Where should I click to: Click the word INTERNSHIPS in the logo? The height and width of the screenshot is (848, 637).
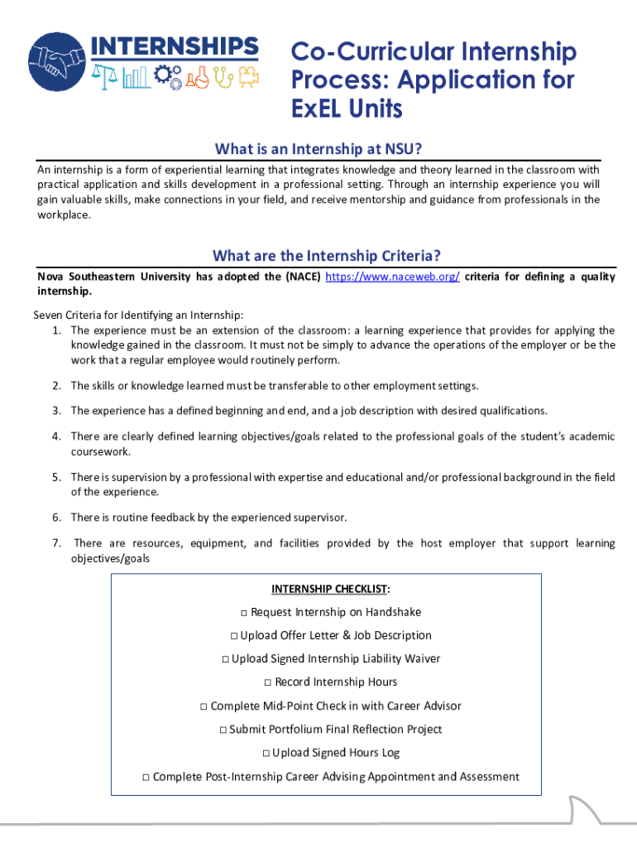click(174, 46)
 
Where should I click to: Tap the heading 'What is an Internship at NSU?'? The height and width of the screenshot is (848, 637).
click(318, 149)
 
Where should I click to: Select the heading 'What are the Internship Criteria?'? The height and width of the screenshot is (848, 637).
click(326, 255)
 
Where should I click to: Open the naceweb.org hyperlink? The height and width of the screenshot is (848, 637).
click(393, 277)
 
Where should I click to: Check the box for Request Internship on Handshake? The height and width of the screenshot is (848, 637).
click(244, 613)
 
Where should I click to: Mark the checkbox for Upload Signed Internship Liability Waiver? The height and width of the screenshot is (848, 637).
click(225, 659)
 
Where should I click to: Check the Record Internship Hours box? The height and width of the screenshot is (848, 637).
click(268, 682)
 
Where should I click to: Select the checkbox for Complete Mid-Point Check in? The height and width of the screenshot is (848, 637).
click(204, 706)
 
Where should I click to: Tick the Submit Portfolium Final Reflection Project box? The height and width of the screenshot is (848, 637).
click(223, 730)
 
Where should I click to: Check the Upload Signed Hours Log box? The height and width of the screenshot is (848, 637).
click(266, 753)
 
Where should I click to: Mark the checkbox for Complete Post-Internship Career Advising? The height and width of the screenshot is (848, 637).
click(146, 777)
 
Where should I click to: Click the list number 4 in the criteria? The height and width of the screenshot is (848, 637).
click(56, 436)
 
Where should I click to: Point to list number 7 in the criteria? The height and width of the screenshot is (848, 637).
click(56, 543)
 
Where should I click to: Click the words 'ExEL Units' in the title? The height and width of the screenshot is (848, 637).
click(346, 108)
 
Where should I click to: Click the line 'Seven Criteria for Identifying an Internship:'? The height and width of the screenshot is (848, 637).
click(138, 315)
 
